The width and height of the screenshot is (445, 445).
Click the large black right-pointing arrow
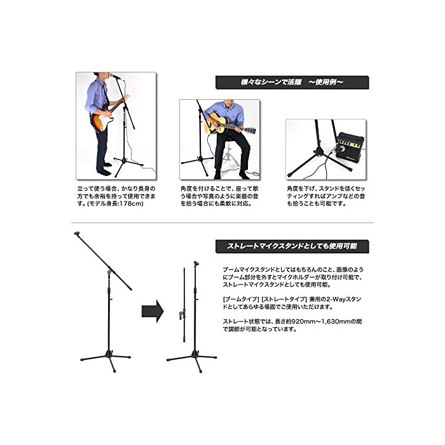[x=153, y=311]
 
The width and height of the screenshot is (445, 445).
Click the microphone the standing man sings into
[x=115, y=76]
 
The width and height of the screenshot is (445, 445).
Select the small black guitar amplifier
[x=350, y=147]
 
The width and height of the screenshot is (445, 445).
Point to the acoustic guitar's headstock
[x=250, y=130]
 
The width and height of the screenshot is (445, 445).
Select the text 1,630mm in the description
[x=336, y=322]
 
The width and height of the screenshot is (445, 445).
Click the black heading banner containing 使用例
[x=292, y=82]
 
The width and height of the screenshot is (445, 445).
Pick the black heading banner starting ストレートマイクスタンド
[x=292, y=247]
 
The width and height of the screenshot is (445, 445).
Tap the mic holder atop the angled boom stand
[x=78, y=234]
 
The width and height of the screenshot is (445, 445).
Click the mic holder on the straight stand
[x=196, y=264]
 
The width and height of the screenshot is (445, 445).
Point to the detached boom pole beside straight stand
[x=184, y=305]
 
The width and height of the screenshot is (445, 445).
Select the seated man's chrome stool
[x=229, y=156]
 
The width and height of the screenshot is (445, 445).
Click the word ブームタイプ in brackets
[x=241, y=299]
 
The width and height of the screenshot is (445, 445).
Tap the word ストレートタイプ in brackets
[x=284, y=299]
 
